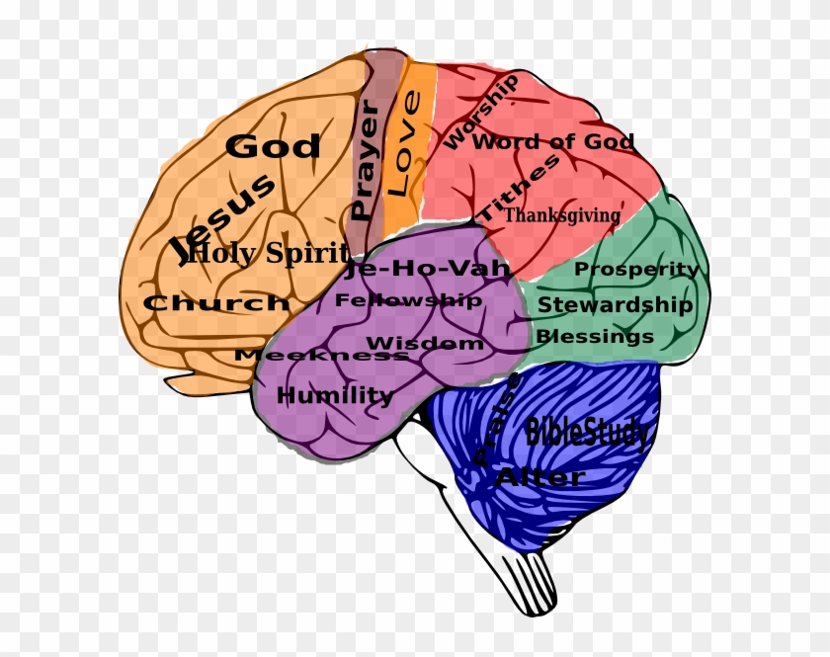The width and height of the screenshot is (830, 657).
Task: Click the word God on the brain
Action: (273, 146)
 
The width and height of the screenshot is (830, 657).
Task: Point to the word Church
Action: (216, 303)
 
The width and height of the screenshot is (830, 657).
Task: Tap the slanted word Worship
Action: (480, 112)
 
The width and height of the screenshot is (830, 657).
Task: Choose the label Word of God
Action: (553, 141)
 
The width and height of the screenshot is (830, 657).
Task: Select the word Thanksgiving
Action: (562, 214)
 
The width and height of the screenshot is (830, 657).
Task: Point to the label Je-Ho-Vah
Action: (428, 268)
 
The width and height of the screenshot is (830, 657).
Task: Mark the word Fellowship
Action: (408, 299)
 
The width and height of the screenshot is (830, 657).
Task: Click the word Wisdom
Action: (426, 343)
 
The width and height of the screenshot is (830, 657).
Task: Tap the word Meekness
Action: (321, 355)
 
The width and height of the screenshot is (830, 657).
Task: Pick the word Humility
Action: (335, 396)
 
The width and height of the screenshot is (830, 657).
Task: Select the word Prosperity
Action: (636, 269)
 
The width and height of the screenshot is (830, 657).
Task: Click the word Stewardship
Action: (615, 305)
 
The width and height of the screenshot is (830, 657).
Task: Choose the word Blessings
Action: (595, 337)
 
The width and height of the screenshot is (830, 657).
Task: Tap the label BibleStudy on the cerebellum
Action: (588, 433)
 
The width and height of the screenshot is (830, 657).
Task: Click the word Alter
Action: (539, 477)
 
